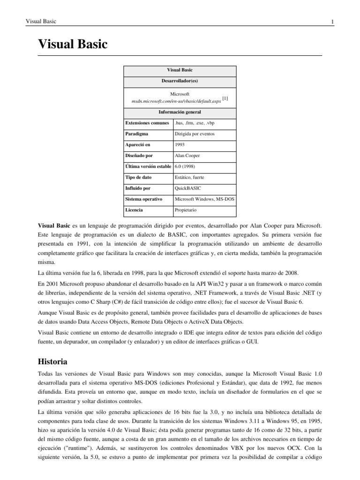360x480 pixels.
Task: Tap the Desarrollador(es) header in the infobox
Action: [x=180, y=81]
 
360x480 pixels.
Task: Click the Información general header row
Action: [x=180, y=112]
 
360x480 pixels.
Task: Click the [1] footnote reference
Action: [x=225, y=98]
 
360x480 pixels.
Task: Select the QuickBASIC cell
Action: [x=187, y=188]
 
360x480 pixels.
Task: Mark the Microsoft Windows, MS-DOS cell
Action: [x=204, y=199]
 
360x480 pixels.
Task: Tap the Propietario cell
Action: [x=186, y=210]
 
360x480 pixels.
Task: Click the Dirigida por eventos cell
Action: [x=195, y=134]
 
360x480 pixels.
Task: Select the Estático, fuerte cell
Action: [x=189, y=178]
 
